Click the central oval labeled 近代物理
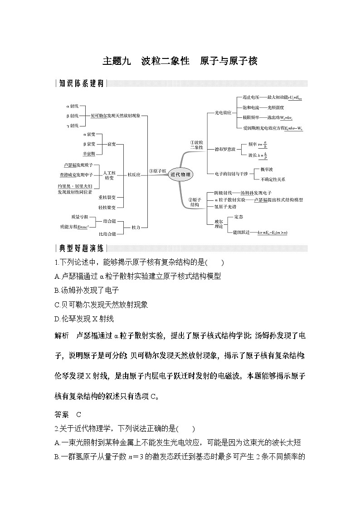[x=180, y=174]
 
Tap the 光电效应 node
[x=223, y=112]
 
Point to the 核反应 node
[x=133, y=174]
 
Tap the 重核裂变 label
[x=107, y=198]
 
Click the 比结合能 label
[x=107, y=234]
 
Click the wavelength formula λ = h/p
[x=263, y=155]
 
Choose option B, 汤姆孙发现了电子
[x=86, y=291]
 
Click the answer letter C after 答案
[x=78, y=414]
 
